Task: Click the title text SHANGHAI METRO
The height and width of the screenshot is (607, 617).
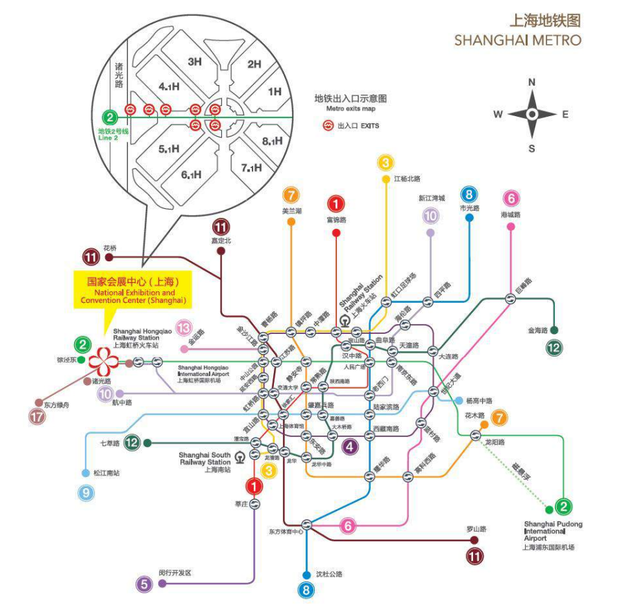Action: pyautogui.click(x=517, y=41)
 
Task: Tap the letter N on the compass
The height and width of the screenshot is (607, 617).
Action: pyautogui.click(x=532, y=82)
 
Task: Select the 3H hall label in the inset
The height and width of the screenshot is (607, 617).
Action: pyautogui.click(x=194, y=62)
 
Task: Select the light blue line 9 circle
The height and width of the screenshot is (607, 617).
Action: pyautogui.click(x=86, y=493)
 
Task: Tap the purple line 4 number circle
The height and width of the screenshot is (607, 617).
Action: pyautogui.click(x=351, y=446)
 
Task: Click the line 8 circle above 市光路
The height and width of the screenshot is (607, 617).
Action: pyautogui.click(x=469, y=195)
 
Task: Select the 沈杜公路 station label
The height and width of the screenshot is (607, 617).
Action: pyautogui.click(x=329, y=574)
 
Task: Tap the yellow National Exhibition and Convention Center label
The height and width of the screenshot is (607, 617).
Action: pyautogui.click(x=132, y=291)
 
